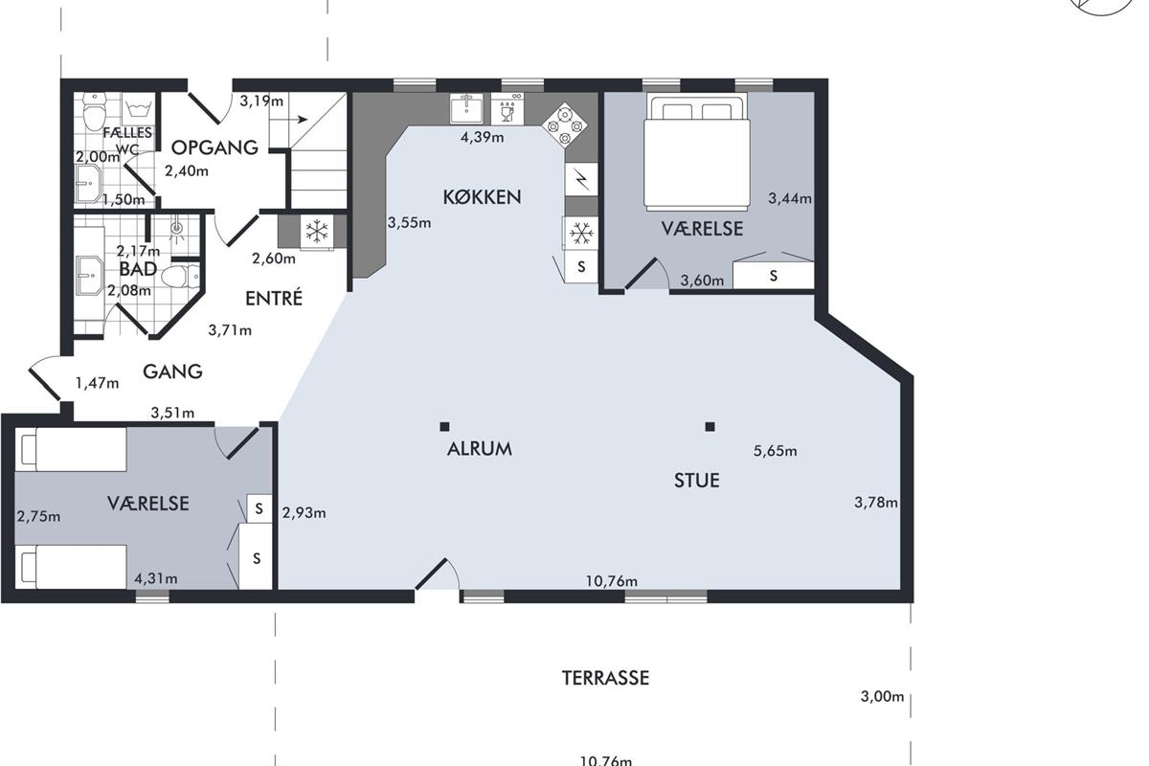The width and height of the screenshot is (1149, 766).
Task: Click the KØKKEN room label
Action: point(482,197)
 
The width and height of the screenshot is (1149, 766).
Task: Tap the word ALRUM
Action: point(480,449)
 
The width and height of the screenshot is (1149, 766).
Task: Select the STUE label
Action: point(697,481)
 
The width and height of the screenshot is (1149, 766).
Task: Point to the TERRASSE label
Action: point(605,678)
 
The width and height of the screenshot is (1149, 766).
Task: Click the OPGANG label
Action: point(214,147)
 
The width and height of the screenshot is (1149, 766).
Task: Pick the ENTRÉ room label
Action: point(274,298)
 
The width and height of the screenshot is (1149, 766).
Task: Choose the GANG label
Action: point(172,372)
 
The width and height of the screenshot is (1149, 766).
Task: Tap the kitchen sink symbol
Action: point(466,108)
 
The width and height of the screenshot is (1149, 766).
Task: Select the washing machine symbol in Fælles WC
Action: point(138,109)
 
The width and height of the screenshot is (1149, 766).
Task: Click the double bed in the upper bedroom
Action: point(697,152)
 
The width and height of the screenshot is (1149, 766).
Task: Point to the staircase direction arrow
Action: point(295,120)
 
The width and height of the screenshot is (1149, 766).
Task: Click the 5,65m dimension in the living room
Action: point(775,451)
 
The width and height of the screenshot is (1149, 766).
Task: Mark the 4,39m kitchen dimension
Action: point(482,137)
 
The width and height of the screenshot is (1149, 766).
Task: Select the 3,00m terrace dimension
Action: point(882,697)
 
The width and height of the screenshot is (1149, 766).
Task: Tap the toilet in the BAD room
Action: point(180,277)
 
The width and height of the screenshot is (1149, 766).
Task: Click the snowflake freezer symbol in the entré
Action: point(317,232)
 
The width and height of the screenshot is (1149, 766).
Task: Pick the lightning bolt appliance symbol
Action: point(581,179)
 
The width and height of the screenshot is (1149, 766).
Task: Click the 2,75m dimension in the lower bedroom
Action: point(38,516)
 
